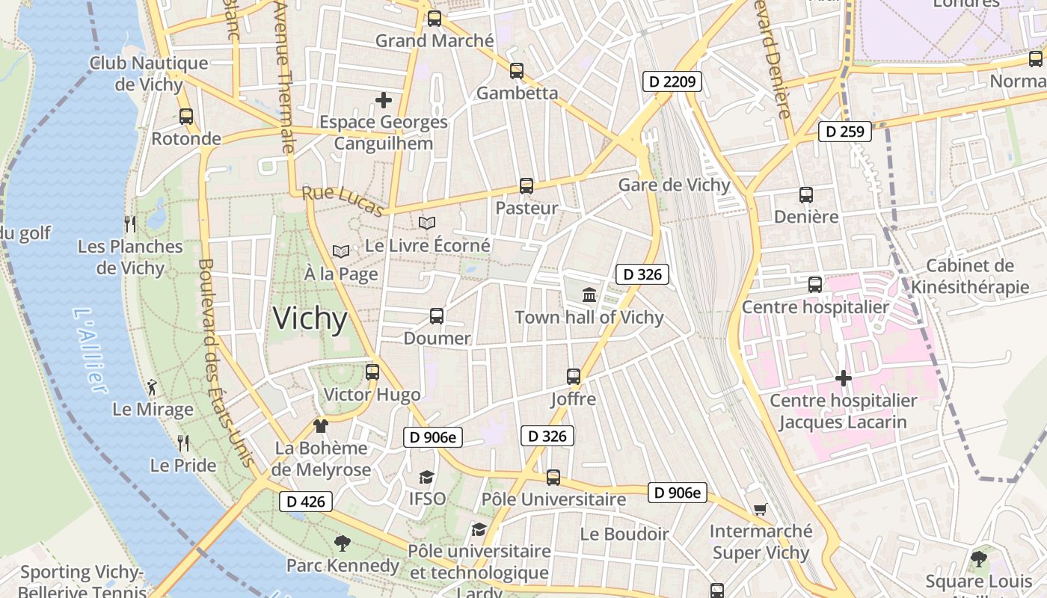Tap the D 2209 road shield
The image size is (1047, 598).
672,81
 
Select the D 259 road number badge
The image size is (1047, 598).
845,132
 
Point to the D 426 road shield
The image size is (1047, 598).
306,502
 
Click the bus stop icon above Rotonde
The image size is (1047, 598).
186,117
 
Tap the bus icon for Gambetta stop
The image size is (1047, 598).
517,71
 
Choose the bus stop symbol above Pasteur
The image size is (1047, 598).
526,186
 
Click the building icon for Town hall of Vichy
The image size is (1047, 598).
589,295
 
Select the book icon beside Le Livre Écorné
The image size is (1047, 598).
427,223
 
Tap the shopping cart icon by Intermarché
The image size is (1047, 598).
761,510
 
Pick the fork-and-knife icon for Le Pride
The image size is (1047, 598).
183,443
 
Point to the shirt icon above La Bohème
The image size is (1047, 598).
321,426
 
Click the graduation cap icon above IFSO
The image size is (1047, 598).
426,477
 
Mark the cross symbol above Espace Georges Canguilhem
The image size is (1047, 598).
384,99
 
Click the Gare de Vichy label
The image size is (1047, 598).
674,185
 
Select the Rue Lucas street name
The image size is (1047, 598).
343,201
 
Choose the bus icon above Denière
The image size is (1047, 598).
806,195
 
